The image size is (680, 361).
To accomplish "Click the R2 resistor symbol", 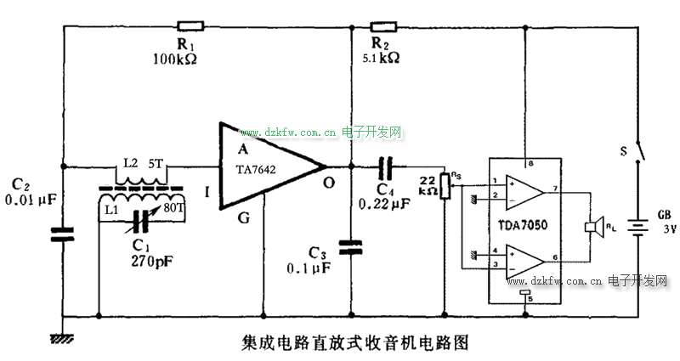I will (384, 25).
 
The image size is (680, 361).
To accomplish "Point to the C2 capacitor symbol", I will (64, 234).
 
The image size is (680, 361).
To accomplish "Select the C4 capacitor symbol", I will (385, 166).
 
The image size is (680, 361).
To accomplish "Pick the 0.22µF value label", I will (384, 204).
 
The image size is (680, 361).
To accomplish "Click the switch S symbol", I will (638, 153).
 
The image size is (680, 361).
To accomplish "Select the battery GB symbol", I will (638, 227).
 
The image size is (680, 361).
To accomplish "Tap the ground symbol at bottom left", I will (59, 337).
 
